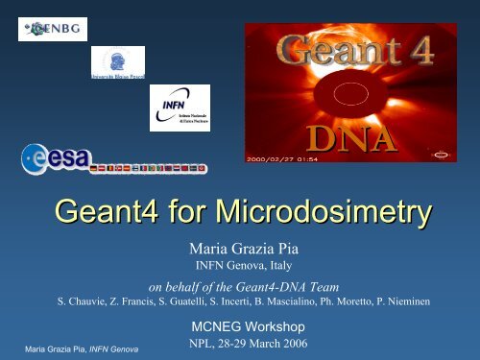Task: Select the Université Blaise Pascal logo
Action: (x=117, y=64)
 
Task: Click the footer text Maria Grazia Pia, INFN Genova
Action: (x=69, y=348)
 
